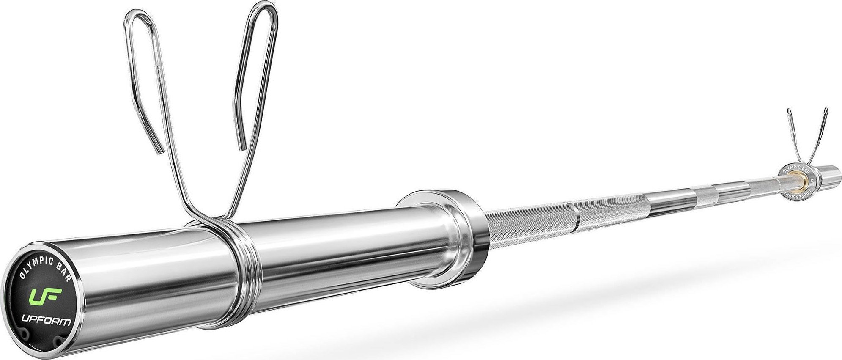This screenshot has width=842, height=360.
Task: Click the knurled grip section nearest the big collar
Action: coord(529,220)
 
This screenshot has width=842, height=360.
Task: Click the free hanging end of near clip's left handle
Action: coord(160,150)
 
